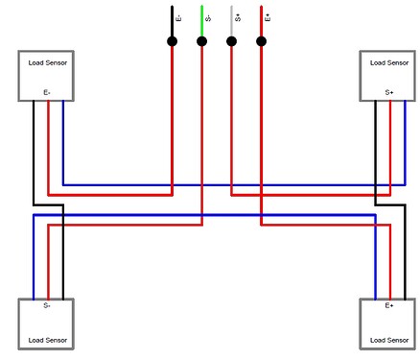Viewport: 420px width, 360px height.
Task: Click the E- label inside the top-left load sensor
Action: tap(47, 93)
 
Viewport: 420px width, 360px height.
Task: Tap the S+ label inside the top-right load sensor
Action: tap(389, 93)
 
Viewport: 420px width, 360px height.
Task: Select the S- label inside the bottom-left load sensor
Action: tap(47, 306)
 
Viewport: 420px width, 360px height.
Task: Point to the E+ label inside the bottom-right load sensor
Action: tap(389, 306)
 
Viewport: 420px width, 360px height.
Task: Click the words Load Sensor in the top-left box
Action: tap(47, 62)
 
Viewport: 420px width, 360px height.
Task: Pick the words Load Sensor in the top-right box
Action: tap(389, 62)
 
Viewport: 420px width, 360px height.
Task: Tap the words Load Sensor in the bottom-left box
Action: tap(47, 340)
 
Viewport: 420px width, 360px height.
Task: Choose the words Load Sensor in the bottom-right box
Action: tap(389, 340)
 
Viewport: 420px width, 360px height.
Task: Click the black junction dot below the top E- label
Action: tap(172, 41)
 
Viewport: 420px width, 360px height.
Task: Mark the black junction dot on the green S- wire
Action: tap(201, 41)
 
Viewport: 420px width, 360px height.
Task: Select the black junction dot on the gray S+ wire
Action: tap(231, 41)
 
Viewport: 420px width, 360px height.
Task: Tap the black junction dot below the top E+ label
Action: tap(261, 41)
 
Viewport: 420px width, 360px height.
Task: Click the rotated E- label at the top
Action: tap(179, 17)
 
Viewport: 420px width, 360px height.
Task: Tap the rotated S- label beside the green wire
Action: tap(209, 17)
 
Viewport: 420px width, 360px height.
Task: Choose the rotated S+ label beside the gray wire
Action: tap(239, 17)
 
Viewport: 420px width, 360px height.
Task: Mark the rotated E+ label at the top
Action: tap(268, 17)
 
